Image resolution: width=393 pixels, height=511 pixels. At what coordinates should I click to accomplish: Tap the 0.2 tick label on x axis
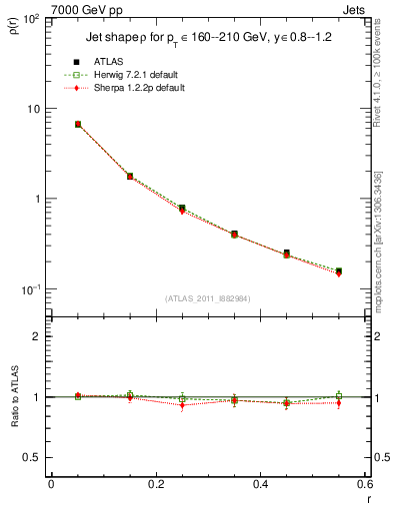pyautogui.click(x=155, y=485)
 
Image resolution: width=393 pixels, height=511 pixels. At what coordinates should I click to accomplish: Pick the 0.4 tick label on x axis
pyautogui.click(x=260, y=485)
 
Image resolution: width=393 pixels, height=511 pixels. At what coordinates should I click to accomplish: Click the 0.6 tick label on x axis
pyautogui.click(x=364, y=485)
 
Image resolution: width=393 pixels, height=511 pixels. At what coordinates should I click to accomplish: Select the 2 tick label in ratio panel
pyautogui.click(x=36, y=336)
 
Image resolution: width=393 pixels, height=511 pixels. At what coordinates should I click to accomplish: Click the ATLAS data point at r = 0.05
pyautogui.click(x=78, y=125)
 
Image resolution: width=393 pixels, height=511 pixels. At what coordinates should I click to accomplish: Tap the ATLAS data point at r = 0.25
pyautogui.click(x=182, y=208)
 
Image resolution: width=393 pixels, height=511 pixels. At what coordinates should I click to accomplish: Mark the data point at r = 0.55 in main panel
pyautogui.click(x=338, y=270)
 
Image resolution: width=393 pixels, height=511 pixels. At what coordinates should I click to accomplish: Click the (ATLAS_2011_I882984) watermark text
pyautogui.click(x=209, y=298)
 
